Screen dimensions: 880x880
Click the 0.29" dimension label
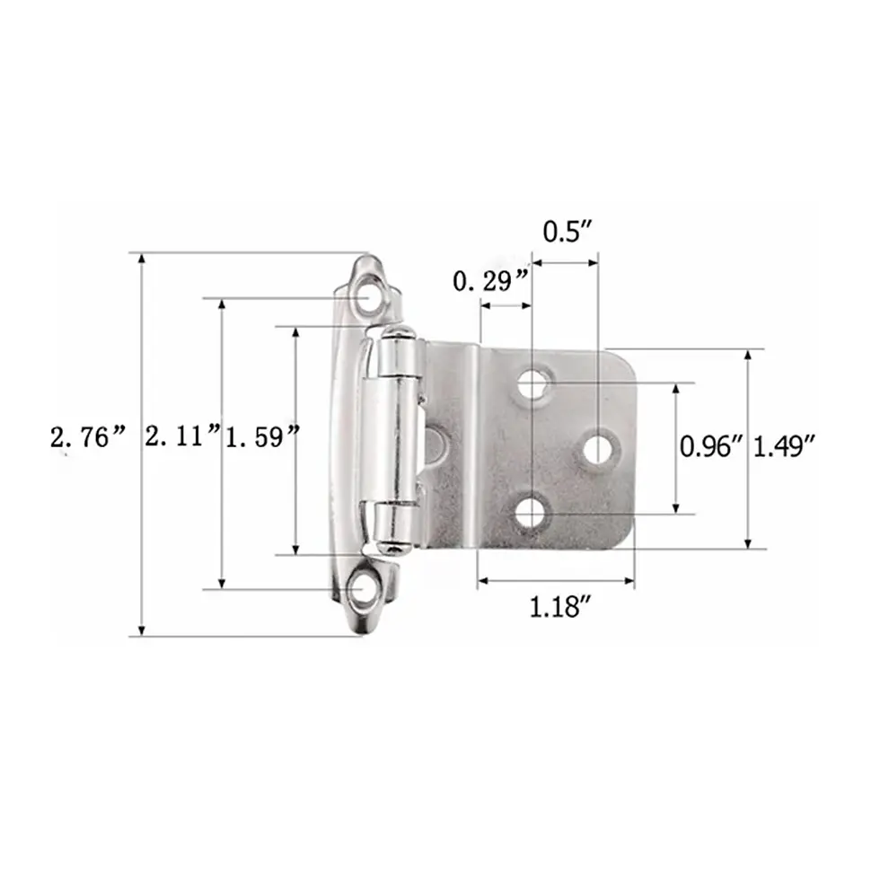tap(489, 283)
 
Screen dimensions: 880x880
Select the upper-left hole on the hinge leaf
tap(533, 384)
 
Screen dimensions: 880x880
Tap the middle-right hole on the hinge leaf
tap(597, 447)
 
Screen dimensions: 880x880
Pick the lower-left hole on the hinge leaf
tap(531, 513)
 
